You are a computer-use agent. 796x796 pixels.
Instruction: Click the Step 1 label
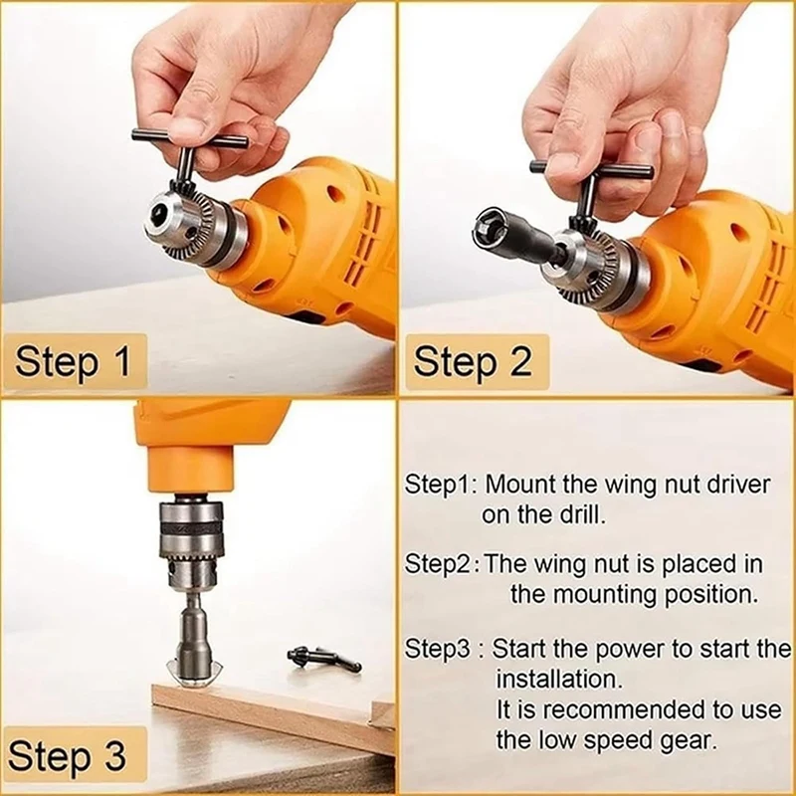click(75, 361)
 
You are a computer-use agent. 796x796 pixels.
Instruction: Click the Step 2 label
click(473, 361)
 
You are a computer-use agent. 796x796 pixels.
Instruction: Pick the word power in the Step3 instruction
click(625, 649)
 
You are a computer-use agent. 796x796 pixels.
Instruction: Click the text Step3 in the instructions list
click(435, 649)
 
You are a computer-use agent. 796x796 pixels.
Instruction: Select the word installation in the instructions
click(558, 680)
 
